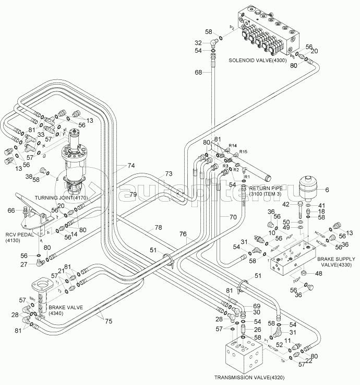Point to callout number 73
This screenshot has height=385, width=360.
click(x=169, y=173)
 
